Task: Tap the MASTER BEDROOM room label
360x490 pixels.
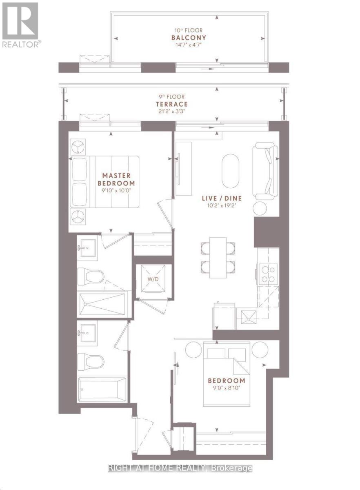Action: point(118,179)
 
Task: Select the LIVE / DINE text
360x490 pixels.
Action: point(222,198)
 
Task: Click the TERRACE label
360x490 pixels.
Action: point(174,104)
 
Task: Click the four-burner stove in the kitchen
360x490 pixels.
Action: point(267,274)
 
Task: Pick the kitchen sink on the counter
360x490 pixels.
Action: point(247,317)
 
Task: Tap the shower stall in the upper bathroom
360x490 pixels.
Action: point(104,303)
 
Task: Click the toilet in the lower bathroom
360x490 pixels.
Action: point(90,361)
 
